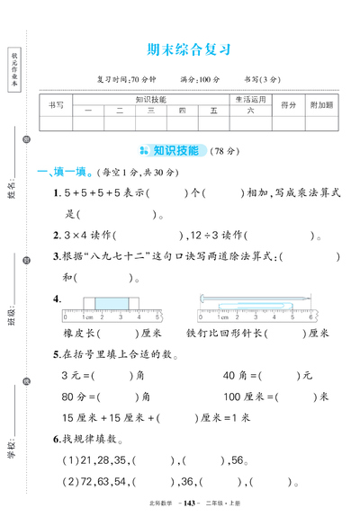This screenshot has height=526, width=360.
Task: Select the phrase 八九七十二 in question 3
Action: (119, 257)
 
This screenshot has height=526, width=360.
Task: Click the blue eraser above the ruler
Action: (111, 304)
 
